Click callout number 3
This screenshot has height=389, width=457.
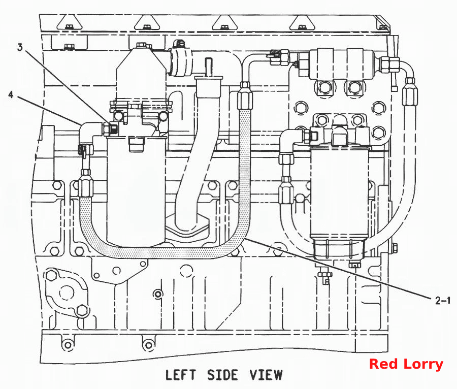[x=20, y=47]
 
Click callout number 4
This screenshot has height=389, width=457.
[x=11, y=94]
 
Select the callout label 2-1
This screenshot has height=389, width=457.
[x=443, y=301]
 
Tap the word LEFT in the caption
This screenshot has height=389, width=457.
[x=181, y=375]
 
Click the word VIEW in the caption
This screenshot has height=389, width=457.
[x=266, y=375]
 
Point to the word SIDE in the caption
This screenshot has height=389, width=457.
[x=223, y=375]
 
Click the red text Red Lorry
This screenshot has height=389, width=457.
[x=406, y=364]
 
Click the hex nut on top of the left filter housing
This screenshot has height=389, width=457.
[x=141, y=45]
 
